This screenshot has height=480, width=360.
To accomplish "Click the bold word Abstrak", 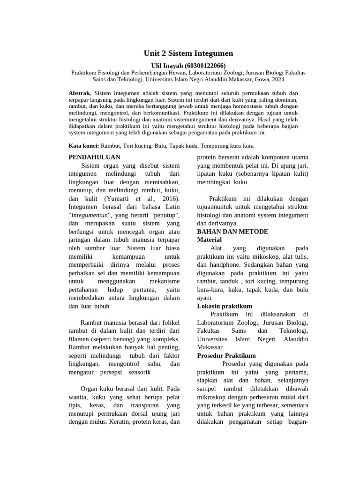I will click(x=79, y=93).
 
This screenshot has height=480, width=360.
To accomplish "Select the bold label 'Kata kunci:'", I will click(x=84, y=146).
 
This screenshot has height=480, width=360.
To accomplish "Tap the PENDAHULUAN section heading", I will click(x=94, y=157).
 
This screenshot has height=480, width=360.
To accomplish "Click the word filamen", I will click(x=80, y=338).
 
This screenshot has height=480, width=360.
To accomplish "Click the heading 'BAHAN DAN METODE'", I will click(x=232, y=232).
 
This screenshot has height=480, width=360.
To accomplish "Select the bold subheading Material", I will click(x=209, y=240).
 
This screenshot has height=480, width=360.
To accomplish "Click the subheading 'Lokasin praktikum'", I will click(x=225, y=306).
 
